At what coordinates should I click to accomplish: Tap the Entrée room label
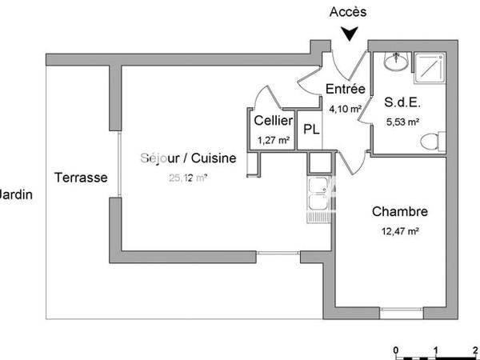point(346,89)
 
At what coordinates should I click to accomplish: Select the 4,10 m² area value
point(346,106)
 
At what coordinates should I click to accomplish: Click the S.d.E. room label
point(402,103)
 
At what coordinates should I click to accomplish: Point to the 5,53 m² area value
point(402,122)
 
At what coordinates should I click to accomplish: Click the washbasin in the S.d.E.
point(394,60)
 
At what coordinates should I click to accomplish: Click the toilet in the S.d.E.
point(430,142)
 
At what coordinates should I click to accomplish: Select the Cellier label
point(272,121)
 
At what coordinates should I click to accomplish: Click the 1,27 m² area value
point(272,139)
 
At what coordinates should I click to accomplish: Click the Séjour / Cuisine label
point(190,158)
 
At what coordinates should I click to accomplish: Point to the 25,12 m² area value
point(189,178)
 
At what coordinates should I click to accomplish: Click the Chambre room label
point(400,212)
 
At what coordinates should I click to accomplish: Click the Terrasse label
point(81,178)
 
